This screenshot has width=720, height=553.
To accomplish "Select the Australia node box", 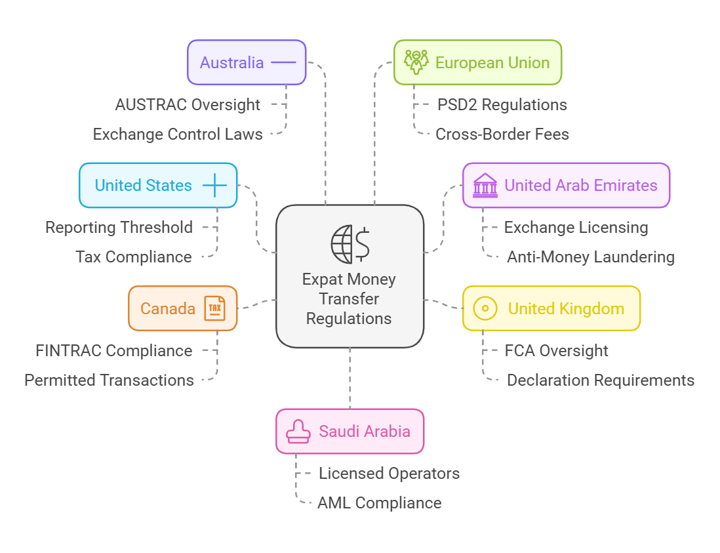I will point(247,62).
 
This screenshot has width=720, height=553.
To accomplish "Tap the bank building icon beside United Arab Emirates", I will point(485,186).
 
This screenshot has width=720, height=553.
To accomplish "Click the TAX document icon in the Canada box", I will point(214,308).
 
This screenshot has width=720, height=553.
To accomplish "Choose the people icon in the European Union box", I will point(416,62).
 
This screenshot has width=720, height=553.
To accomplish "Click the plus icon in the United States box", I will point(214,186).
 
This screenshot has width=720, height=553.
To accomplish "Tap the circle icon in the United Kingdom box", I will point(485,308).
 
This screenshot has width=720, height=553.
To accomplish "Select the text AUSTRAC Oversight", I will point(188,104).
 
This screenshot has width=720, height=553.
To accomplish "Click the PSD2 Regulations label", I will point(502,104).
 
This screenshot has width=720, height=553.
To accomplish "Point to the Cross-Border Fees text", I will point(502,134).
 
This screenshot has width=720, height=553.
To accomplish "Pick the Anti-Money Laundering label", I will point(591,256).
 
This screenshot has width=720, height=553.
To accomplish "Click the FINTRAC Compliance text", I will point(114,351).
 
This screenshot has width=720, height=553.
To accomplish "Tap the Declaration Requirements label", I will point(601,380).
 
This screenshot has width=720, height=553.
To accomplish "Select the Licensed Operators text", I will point(389,474).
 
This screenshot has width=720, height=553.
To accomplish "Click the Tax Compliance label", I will point(134,256).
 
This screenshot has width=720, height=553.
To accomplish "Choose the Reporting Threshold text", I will point(119,228).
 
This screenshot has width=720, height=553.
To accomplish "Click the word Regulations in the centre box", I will point(349,319).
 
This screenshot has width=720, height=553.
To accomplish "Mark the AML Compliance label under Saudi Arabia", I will point(379,503).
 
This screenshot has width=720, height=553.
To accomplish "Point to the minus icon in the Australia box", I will point(283,62).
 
